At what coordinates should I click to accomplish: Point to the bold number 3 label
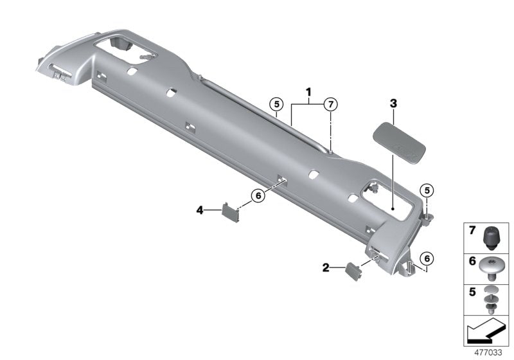tap(393, 103)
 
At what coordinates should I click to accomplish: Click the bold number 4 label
tap(200, 210)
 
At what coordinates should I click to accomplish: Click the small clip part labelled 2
tap(355, 270)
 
